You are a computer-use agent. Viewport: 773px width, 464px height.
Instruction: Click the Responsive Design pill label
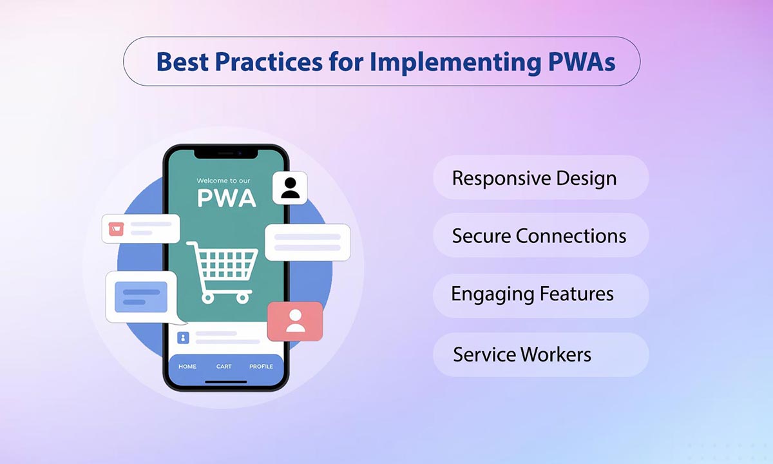(x=534, y=179)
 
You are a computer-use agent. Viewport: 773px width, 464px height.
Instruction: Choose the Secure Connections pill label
(x=539, y=236)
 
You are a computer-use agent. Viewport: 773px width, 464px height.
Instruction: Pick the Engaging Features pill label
(x=532, y=295)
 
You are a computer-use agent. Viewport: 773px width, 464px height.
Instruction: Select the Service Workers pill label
(x=522, y=354)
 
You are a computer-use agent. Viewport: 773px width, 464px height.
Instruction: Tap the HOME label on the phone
(x=187, y=367)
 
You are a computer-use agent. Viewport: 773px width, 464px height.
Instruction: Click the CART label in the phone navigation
(x=224, y=367)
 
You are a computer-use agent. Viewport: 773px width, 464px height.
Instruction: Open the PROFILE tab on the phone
(x=261, y=367)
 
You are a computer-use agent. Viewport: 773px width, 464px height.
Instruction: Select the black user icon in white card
(x=290, y=188)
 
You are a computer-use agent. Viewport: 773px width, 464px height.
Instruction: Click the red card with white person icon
(x=295, y=321)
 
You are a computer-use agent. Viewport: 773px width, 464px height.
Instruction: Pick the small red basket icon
(x=117, y=228)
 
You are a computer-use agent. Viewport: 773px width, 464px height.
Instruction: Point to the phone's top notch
(x=225, y=153)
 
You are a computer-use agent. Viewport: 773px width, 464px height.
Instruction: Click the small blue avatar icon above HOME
(x=183, y=337)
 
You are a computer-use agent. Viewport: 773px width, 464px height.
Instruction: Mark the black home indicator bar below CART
(x=225, y=382)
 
